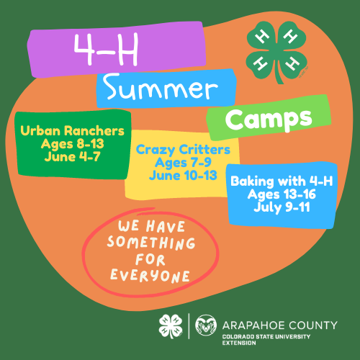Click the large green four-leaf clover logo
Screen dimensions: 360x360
point(276,53)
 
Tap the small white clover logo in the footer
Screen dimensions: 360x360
point(171,326)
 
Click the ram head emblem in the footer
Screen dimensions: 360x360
point(206,325)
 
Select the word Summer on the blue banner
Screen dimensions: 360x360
point(161,87)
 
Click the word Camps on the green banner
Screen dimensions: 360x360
point(269,120)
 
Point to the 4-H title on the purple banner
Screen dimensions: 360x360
point(106,49)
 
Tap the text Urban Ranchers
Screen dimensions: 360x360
point(72,131)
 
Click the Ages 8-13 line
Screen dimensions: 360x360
point(72,144)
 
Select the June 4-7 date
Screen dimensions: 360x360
point(72,157)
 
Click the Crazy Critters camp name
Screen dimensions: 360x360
point(183,150)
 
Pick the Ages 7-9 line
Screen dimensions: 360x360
point(183,163)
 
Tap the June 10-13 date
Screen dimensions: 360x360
point(183,176)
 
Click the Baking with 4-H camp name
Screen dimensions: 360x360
point(282,181)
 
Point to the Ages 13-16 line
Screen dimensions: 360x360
point(282,194)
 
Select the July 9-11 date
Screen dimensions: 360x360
point(282,207)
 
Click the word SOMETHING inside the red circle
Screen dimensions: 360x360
point(151,243)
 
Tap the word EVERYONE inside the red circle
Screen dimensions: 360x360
point(150,276)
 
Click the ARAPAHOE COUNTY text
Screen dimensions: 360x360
point(280,325)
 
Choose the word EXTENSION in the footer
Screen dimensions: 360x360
point(239,343)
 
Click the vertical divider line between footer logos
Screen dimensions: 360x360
point(189,326)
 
